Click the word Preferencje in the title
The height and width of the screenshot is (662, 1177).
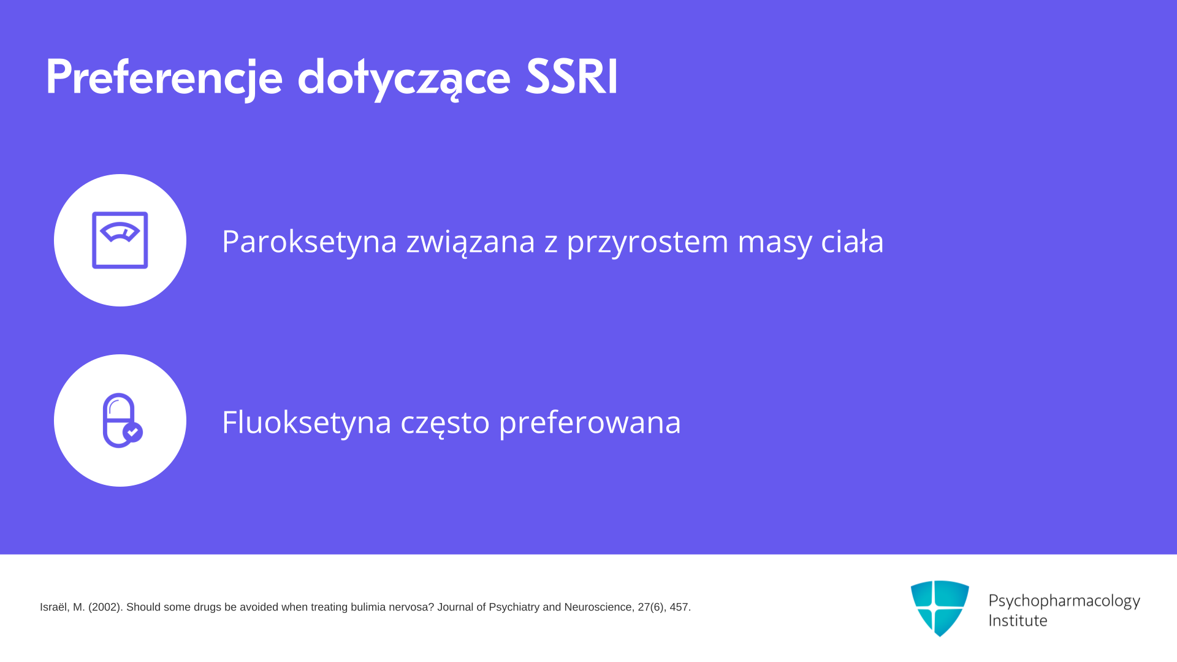(x=164, y=78)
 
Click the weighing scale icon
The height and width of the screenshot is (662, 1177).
(x=120, y=240)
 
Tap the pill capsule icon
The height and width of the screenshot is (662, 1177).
(x=121, y=420)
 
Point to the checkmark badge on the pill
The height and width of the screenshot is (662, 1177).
(x=133, y=432)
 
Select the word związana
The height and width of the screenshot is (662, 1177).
(x=471, y=241)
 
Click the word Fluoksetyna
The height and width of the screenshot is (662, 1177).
(x=307, y=422)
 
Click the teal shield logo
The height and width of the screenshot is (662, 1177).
(x=940, y=608)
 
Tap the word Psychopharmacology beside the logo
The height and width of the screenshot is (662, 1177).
(x=1064, y=601)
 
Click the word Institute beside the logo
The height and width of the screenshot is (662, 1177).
(x=1018, y=620)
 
